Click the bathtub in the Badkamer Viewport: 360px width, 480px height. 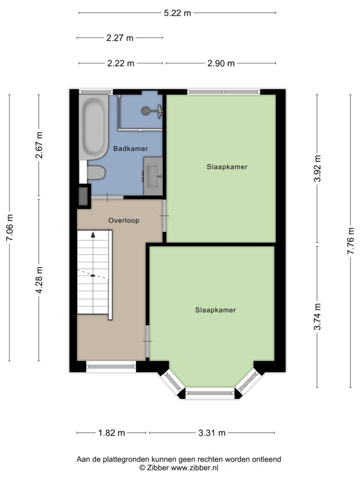click(94, 127)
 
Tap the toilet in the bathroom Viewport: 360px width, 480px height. click(96, 172)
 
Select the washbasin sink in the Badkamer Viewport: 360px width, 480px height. click(153, 176)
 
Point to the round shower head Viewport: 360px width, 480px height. click(146, 111)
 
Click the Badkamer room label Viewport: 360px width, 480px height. click(131, 149)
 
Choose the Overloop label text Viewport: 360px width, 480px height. click(124, 220)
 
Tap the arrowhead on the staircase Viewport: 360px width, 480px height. click(93, 234)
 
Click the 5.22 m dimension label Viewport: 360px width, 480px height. click(177, 13)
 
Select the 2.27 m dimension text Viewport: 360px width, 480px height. click(120, 37)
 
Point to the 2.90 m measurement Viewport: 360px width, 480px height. click(221, 63)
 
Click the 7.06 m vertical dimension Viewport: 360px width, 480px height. click(10, 227)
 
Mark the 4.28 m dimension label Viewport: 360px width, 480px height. click(39, 280)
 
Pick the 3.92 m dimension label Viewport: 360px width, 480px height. click(317, 168)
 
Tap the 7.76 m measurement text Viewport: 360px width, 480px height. click(351, 241)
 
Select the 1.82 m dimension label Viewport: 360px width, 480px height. click(112, 433)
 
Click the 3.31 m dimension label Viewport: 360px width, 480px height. click(212, 433)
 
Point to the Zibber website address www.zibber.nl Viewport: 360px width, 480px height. click(195, 468)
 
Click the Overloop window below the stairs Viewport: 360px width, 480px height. click(111, 367)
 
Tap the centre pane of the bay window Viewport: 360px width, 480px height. click(210, 393)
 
